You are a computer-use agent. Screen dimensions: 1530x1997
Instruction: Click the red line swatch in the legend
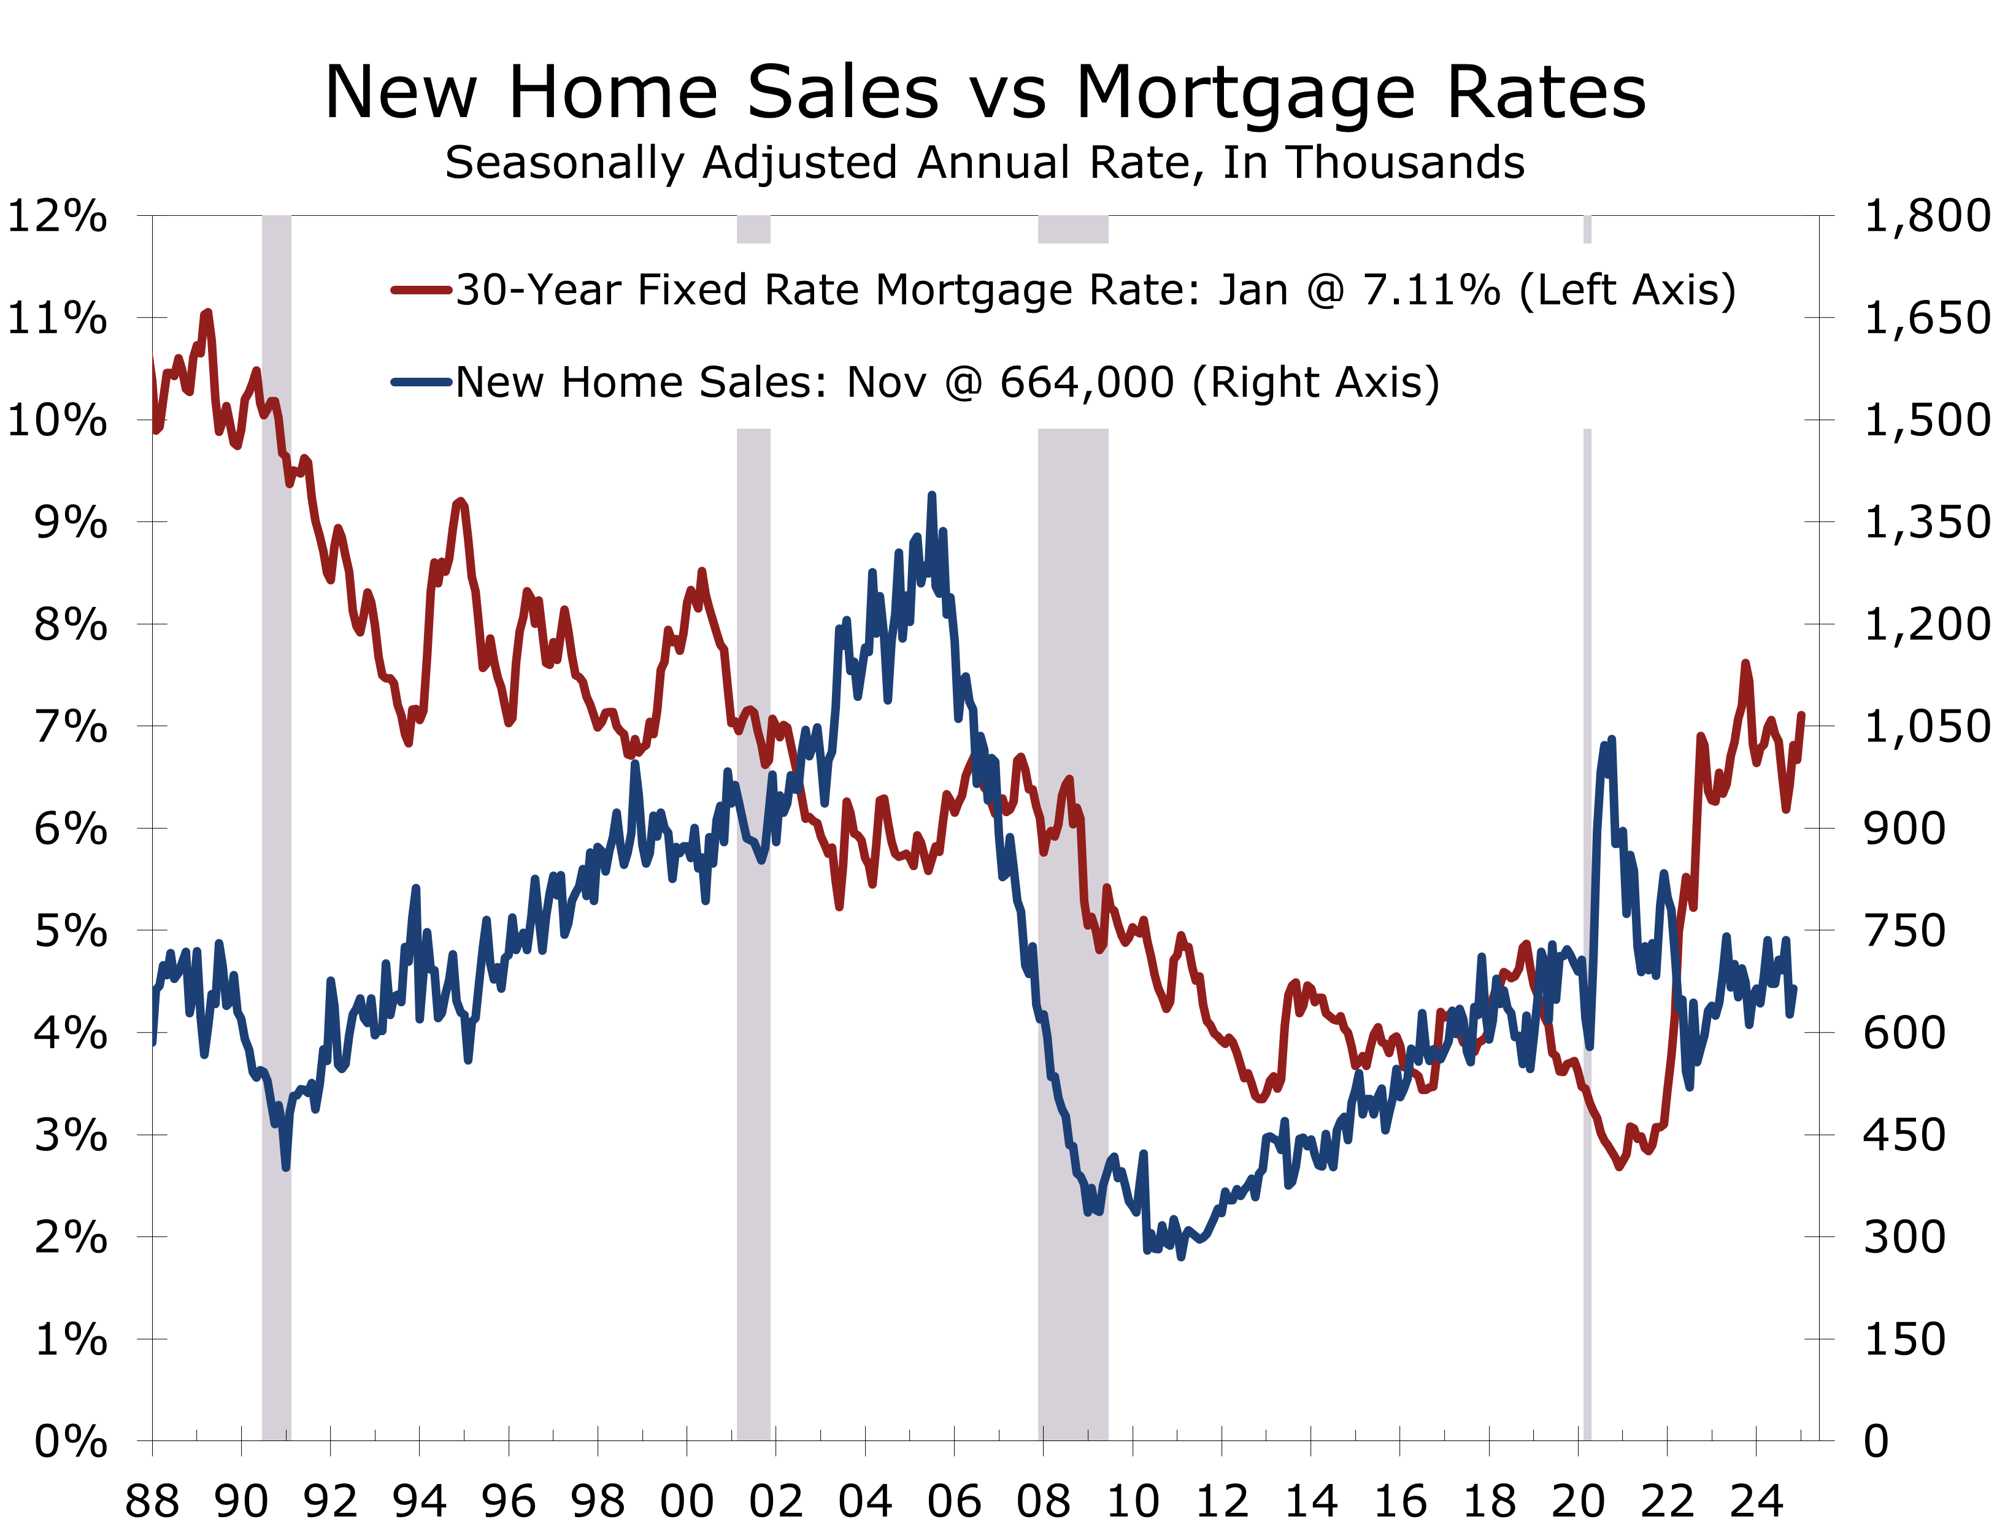pyautogui.click(x=421, y=291)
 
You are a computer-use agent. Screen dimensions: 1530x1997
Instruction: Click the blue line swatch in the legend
pyautogui.click(x=421, y=383)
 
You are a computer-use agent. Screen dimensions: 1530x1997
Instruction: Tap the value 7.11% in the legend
pyautogui.click(x=1431, y=291)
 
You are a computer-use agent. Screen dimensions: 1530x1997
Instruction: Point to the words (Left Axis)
pyautogui.click(x=1627, y=291)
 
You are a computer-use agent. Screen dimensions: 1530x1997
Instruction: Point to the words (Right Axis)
pyautogui.click(x=1315, y=383)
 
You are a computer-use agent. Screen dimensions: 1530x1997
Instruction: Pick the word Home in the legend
pyautogui.click(x=621, y=383)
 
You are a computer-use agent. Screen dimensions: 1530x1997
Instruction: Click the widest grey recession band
pyautogui.click(x=1073, y=911)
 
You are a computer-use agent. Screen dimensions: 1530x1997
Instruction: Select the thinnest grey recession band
pyautogui.click(x=1587, y=911)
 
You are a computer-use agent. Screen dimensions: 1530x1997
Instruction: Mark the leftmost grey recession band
pyautogui.click(x=277, y=911)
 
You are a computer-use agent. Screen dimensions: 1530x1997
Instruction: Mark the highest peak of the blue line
pyautogui.click(x=931, y=495)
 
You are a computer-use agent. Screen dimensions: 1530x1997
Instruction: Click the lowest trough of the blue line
pyautogui.click(x=1180, y=1257)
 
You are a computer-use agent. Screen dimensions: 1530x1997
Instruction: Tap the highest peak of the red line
pyautogui.click(x=208, y=313)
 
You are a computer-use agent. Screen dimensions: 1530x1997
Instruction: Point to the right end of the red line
pyautogui.click(x=1801, y=715)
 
